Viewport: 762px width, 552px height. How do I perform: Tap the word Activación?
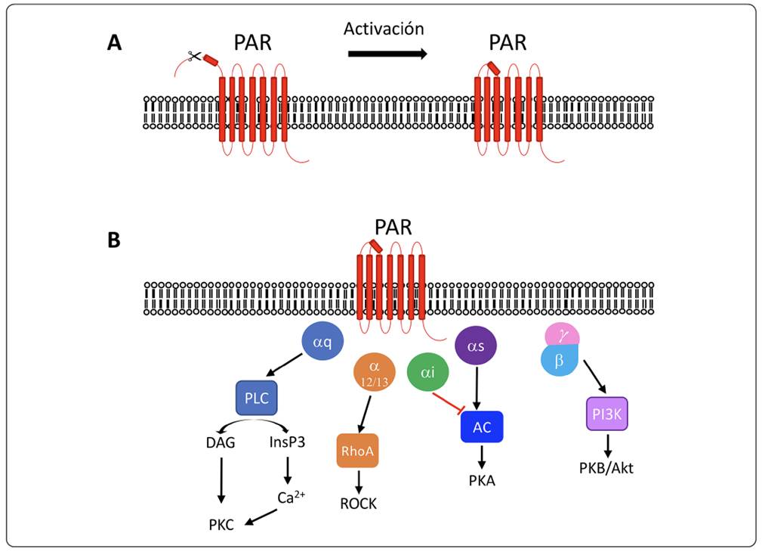pos(384,29)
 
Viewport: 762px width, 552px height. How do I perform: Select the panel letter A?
pos(114,42)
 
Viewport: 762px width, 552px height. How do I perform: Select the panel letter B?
pos(114,240)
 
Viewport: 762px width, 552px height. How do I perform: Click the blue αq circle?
pos(322,341)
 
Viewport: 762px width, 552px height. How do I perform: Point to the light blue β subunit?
pos(560,361)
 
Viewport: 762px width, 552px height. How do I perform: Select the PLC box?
pos(257,398)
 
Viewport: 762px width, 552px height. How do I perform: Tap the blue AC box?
pos(482,427)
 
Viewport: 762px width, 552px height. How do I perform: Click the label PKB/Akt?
pos(606,467)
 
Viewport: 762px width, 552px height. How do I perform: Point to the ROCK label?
pos(358,504)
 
